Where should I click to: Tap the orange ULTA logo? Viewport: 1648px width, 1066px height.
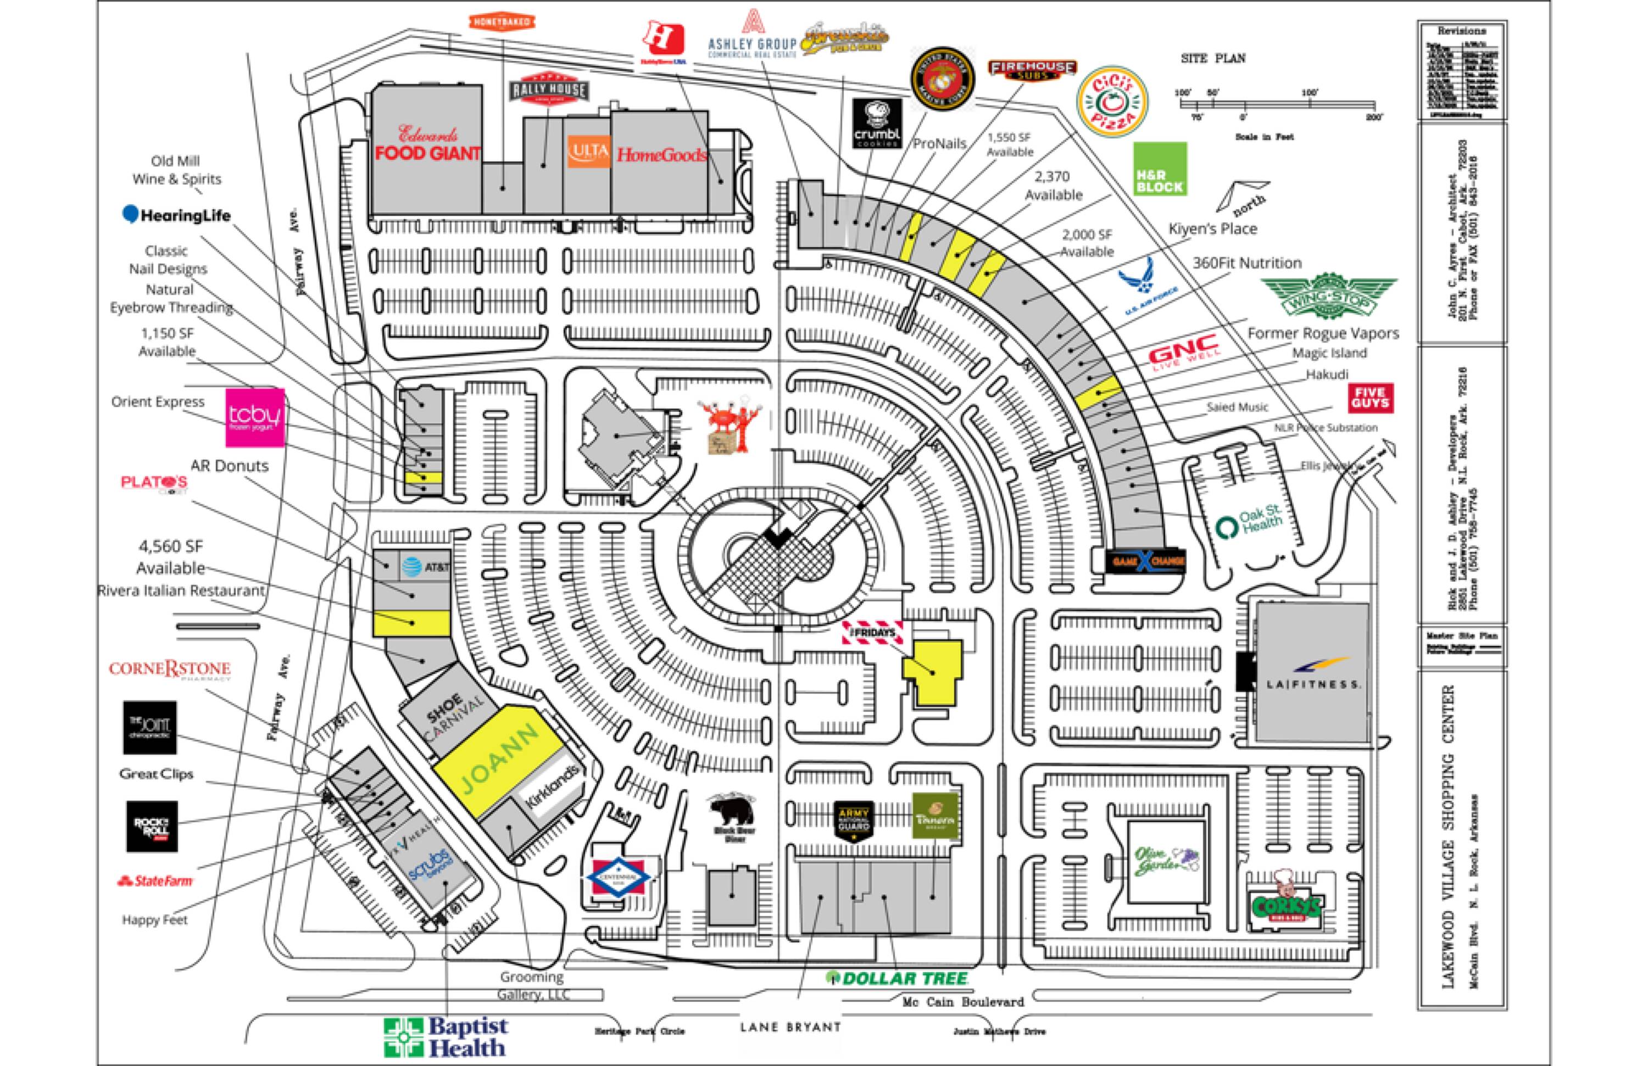[x=588, y=152]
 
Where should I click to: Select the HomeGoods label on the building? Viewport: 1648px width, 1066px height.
[x=661, y=154]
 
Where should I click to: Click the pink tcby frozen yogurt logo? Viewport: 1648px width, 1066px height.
[x=255, y=417]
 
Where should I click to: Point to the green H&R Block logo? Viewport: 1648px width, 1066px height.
[x=1159, y=169]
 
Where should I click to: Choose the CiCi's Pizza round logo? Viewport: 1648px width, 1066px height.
[x=1112, y=101]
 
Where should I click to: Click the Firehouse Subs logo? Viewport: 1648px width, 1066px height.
[x=1032, y=69]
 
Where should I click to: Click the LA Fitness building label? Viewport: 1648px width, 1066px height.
[x=1312, y=675]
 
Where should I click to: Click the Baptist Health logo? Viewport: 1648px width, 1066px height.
[x=446, y=1037]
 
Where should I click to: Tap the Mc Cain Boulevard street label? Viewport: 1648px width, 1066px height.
[x=962, y=1002]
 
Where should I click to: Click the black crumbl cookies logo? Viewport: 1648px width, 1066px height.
[x=877, y=122]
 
